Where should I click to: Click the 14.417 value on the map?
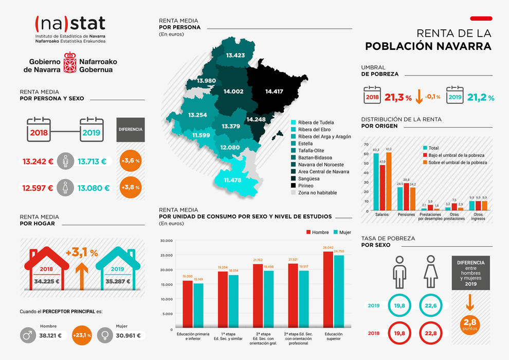(274, 92)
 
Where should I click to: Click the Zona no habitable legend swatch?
(294, 193)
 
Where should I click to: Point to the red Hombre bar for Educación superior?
(328, 290)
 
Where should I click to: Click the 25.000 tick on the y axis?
(166, 255)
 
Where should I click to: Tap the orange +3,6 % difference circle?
(131, 161)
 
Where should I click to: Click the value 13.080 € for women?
(94, 188)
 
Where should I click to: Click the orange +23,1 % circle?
(82, 336)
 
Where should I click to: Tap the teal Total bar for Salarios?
(376, 182)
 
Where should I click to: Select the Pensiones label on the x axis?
(406, 214)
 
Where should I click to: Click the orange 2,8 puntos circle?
(470, 324)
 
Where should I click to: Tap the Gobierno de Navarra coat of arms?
(70, 62)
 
